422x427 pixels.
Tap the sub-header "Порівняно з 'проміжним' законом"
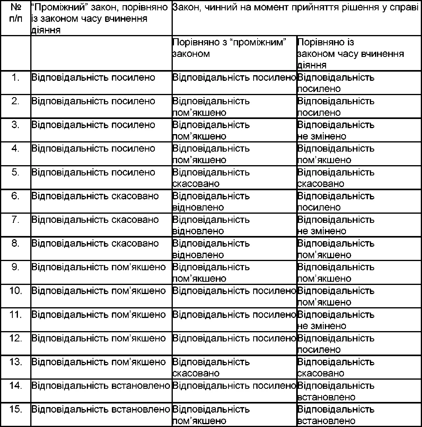tap(234, 48)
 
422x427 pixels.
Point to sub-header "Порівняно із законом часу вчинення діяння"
tap(350, 54)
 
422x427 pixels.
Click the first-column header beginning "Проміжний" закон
tap(100, 19)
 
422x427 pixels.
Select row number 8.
tap(16, 244)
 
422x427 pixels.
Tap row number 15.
tap(16, 409)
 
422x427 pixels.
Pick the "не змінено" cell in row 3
tap(336, 131)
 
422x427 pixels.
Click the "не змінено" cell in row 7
tap(336, 225)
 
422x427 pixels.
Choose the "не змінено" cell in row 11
tap(336, 320)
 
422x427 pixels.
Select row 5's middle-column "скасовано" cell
tap(211, 178)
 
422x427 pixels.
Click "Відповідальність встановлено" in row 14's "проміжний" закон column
tap(101, 386)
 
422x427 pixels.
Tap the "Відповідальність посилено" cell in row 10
tap(234, 291)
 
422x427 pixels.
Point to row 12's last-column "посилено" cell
tap(336, 344)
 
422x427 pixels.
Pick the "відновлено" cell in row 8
tap(211, 249)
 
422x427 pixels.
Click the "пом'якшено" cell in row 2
tap(211, 107)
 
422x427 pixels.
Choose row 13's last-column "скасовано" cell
tap(336, 367)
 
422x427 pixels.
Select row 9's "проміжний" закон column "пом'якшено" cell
tap(98, 267)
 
